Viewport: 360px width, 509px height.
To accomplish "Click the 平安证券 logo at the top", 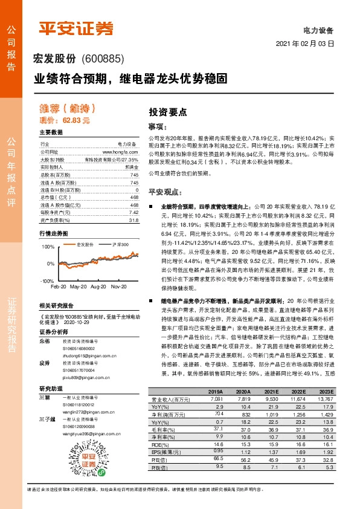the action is pos(76,28).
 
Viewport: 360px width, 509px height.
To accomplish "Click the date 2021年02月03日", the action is pos(306,44).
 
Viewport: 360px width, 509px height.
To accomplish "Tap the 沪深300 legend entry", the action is pos(104,245).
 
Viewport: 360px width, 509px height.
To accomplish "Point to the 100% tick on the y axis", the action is pos(47,247).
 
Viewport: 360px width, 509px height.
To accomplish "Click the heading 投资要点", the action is pos(167,112).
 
